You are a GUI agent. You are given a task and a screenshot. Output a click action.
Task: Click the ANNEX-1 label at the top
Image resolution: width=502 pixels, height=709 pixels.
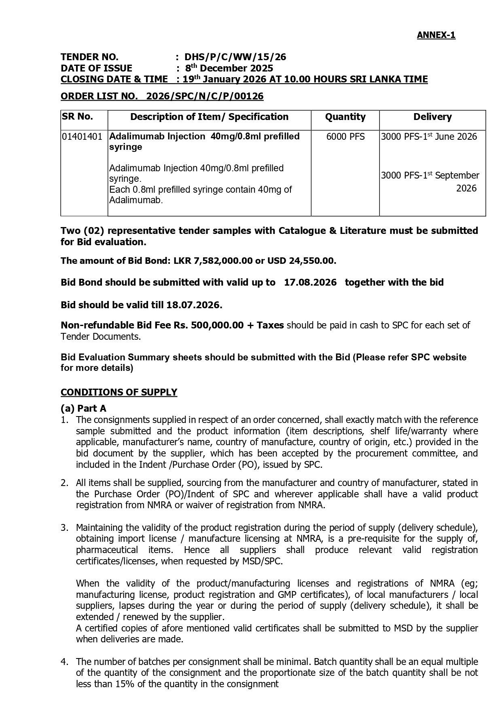pyautogui.click(x=436, y=35)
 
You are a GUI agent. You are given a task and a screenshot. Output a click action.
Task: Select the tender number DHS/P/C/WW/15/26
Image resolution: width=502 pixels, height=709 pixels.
pyautogui.click(x=235, y=57)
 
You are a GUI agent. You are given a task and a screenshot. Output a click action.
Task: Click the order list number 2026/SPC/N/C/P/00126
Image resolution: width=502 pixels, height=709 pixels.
pyautogui.click(x=205, y=96)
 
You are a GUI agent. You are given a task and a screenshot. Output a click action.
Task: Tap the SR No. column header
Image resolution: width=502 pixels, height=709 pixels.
pyautogui.click(x=78, y=117)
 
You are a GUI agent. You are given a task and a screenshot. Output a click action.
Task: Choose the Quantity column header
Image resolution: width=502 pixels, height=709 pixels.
pyautogui.click(x=345, y=117)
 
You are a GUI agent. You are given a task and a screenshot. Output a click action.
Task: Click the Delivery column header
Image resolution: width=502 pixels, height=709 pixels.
pyautogui.click(x=432, y=117)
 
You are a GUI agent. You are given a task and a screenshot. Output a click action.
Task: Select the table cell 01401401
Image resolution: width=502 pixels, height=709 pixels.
pyautogui.click(x=82, y=137)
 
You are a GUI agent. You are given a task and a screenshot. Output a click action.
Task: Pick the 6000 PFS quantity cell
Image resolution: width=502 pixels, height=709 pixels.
pyautogui.click(x=345, y=137)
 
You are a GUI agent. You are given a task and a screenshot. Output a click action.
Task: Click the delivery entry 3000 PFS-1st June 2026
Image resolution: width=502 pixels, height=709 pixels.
pyautogui.click(x=429, y=137)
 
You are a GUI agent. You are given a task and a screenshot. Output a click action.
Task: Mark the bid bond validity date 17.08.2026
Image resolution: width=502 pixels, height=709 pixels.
pyautogui.click(x=310, y=282)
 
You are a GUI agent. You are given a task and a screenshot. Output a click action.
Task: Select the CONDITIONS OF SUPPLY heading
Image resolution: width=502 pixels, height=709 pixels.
pyautogui.click(x=119, y=392)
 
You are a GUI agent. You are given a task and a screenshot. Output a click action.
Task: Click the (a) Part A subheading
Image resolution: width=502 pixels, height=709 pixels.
pyautogui.click(x=83, y=408)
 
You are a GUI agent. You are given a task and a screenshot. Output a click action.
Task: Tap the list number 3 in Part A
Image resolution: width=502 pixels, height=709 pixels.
pyautogui.click(x=64, y=528)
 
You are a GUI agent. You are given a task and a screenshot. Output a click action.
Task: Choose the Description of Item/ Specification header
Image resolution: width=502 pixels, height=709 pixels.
pyautogui.click(x=209, y=117)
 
